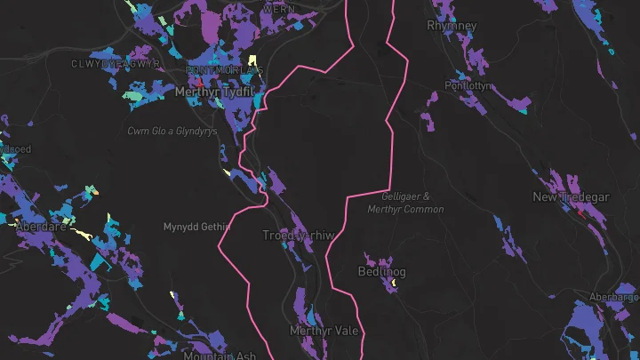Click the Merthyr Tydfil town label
coord(215,91)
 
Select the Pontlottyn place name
coord(468,86)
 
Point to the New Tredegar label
coord(571,196)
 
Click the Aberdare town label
coord(41,227)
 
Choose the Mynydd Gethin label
coord(196,228)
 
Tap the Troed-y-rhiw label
coord(298,236)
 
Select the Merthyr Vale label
coord(324,331)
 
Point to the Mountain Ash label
coord(220,356)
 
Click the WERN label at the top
coord(279,8)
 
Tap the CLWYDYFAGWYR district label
coord(116,64)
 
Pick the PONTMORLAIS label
coord(224,69)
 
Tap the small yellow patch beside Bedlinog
coord(391,283)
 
